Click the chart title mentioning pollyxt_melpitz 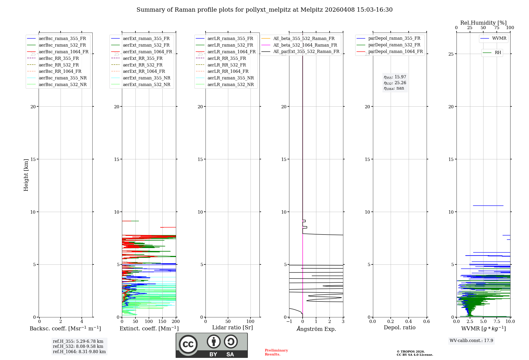[x=264, y=10]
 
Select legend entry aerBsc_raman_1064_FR [x=63, y=52]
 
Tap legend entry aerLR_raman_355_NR [x=230, y=78]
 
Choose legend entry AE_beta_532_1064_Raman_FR [x=305, y=45]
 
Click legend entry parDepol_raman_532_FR [x=394, y=45]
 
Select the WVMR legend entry [x=499, y=39]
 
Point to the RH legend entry [x=498, y=53]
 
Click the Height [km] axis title [x=26, y=175]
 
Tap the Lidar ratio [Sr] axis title [x=232, y=328]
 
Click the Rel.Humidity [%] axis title [x=483, y=23]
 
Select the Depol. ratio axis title [x=399, y=328]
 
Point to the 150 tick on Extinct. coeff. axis [x=162, y=322]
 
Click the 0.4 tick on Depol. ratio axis [x=409, y=322]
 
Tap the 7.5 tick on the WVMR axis [x=497, y=322]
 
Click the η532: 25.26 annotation [x=395, y=83]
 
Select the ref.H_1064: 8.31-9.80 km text [x=79, y=352]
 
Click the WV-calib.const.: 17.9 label [x=471, y=341]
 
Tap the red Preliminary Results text [x=276, y=352]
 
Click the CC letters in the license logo [x=188, y=344]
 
